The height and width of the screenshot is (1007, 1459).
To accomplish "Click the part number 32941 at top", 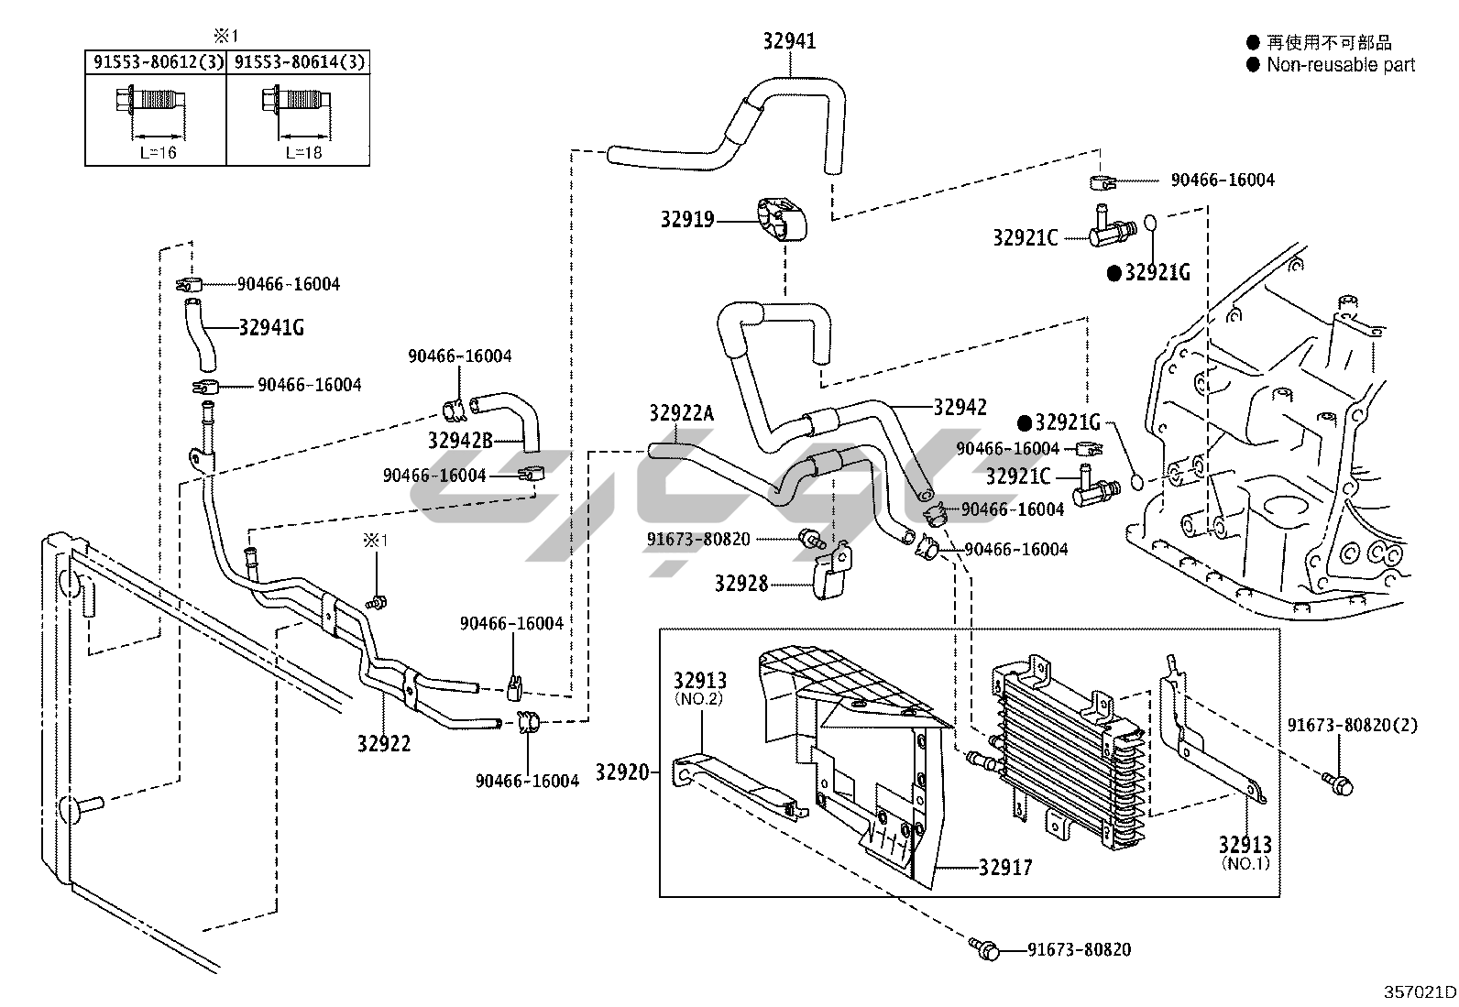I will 789,40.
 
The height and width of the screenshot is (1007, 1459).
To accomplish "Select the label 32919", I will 687,220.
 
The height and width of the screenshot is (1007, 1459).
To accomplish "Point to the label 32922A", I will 681,413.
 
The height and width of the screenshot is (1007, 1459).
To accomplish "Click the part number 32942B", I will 460,441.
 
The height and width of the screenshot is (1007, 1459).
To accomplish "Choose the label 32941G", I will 271,326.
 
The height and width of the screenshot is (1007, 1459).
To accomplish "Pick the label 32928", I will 740,583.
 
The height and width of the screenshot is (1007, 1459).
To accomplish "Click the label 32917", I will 1005,867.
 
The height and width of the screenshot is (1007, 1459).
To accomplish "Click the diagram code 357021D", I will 1420,991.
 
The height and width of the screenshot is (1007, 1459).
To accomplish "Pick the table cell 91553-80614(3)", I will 299,62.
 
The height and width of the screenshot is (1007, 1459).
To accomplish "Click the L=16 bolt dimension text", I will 158,152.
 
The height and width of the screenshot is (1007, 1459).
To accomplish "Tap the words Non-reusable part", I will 1341,65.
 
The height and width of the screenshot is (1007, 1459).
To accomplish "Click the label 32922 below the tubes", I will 384,743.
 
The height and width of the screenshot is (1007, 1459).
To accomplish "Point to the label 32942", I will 960,407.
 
